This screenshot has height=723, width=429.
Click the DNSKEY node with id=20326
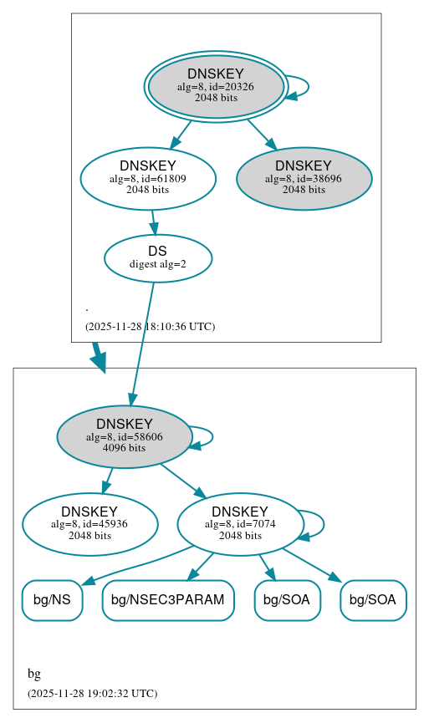click(x=216, y=85)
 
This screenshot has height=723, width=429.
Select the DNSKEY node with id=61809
click(x=148, y=177)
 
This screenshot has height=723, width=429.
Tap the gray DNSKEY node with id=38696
click(x=304, y=177)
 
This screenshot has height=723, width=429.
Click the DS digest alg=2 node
click(x=157, y=257)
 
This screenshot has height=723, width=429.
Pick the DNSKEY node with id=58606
click(x=124, y=435)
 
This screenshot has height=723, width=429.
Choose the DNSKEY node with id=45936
click(x=89, y=524)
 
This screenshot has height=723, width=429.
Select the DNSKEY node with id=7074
click(x=240, y=524)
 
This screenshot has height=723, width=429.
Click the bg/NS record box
click(x=52, y=600)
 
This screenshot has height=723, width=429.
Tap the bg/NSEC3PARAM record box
click(x=167, y=600)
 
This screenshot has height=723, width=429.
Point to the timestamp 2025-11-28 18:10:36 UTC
click(x=150, y=326)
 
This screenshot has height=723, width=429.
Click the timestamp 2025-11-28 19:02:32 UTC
click(x=92, y=693)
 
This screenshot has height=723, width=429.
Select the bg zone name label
click(x=34, y=674)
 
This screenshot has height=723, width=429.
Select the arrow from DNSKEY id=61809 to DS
click(x=153, y=222)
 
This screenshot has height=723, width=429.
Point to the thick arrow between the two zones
click(x=99, y=357)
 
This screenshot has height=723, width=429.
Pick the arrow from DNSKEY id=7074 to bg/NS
click(x=134, y=565)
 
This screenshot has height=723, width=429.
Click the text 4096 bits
click(x=124, y=448)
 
